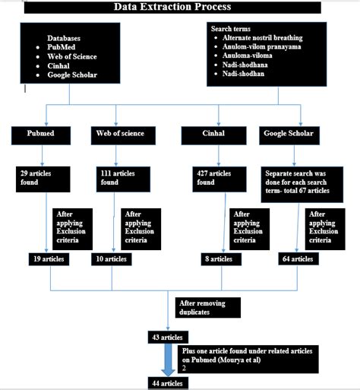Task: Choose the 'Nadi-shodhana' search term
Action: pos(248,65)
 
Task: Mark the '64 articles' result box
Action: pos(296,259)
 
